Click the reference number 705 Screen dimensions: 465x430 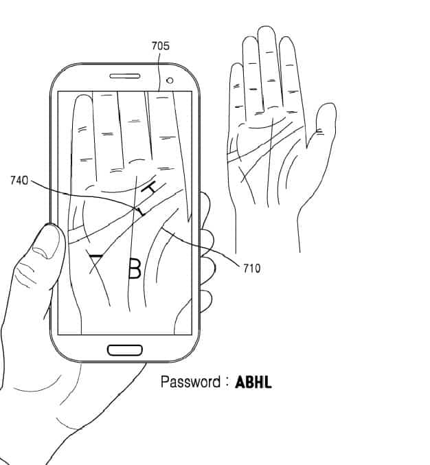point(160,46)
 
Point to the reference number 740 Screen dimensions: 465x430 point(19,181)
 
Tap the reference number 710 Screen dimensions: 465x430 point(252,268)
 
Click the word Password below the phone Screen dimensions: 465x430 point(190,382)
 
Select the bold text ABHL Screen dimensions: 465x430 point(253,383)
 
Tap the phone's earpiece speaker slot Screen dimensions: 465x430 point(124,76)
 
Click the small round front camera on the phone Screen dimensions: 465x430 point(169,80)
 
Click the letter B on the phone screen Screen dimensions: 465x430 point(135,269)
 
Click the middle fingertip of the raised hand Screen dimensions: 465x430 point(267,32)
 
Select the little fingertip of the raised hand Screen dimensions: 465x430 point(237,69)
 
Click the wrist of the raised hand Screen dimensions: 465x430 point(268,234)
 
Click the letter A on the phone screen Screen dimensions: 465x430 point(97,259)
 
